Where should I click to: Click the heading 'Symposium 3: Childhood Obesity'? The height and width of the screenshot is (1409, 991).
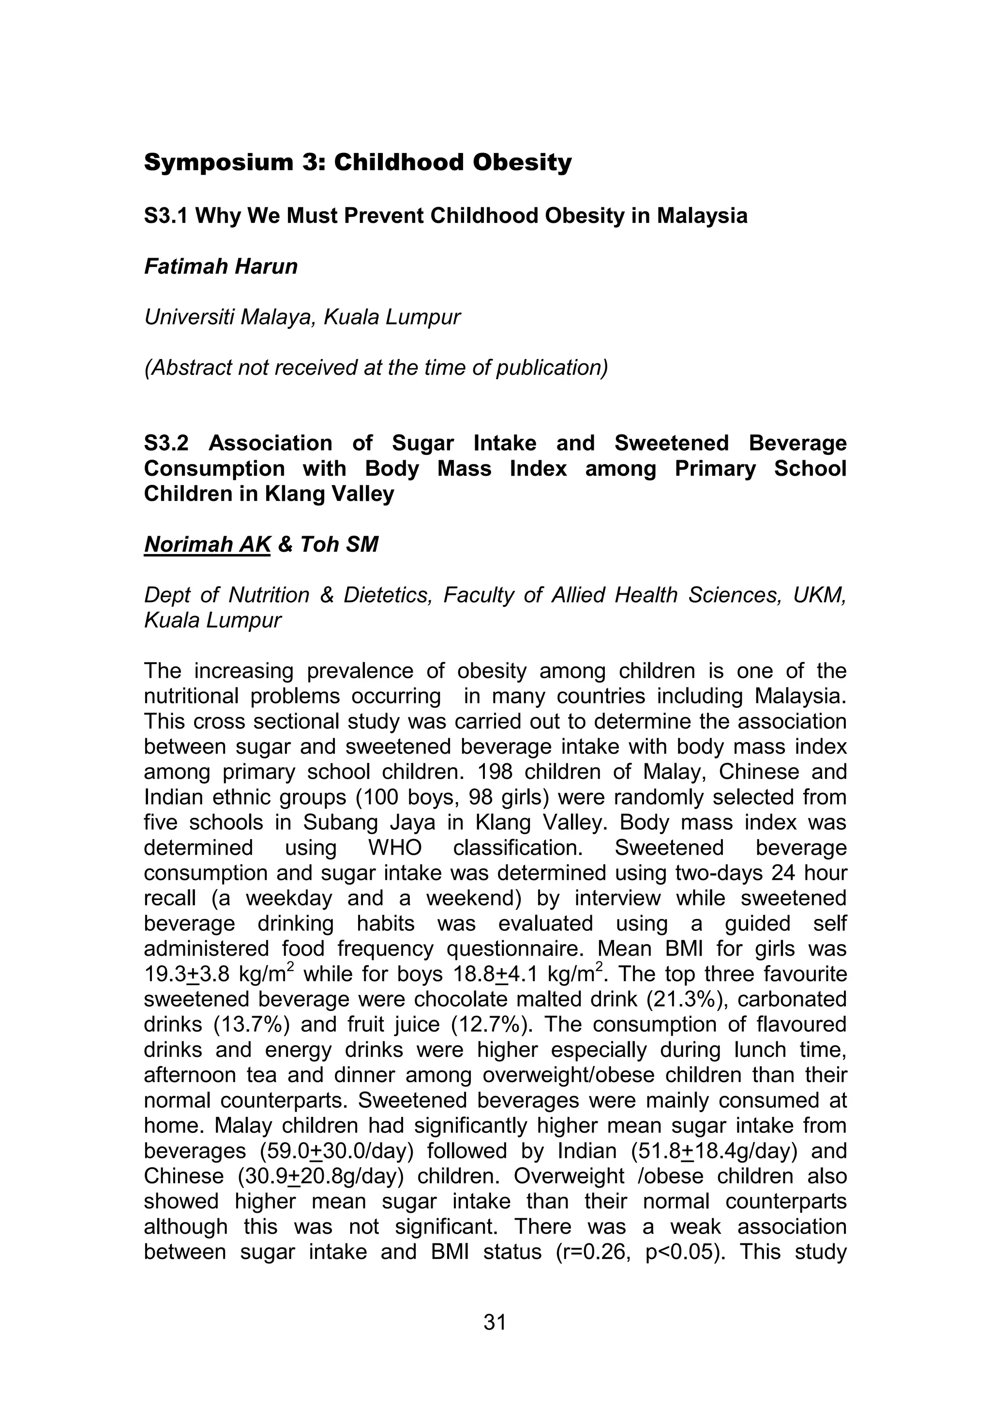pos(358,163)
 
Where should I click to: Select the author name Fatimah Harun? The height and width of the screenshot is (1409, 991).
pos(221,266)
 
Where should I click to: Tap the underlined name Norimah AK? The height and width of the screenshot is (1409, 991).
pos(207,544)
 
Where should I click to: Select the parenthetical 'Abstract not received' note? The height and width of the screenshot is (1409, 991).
pos(376,368)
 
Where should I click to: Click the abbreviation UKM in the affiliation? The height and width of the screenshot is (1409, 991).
pos(819,595)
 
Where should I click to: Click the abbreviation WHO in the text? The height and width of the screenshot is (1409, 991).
pos(395,848)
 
